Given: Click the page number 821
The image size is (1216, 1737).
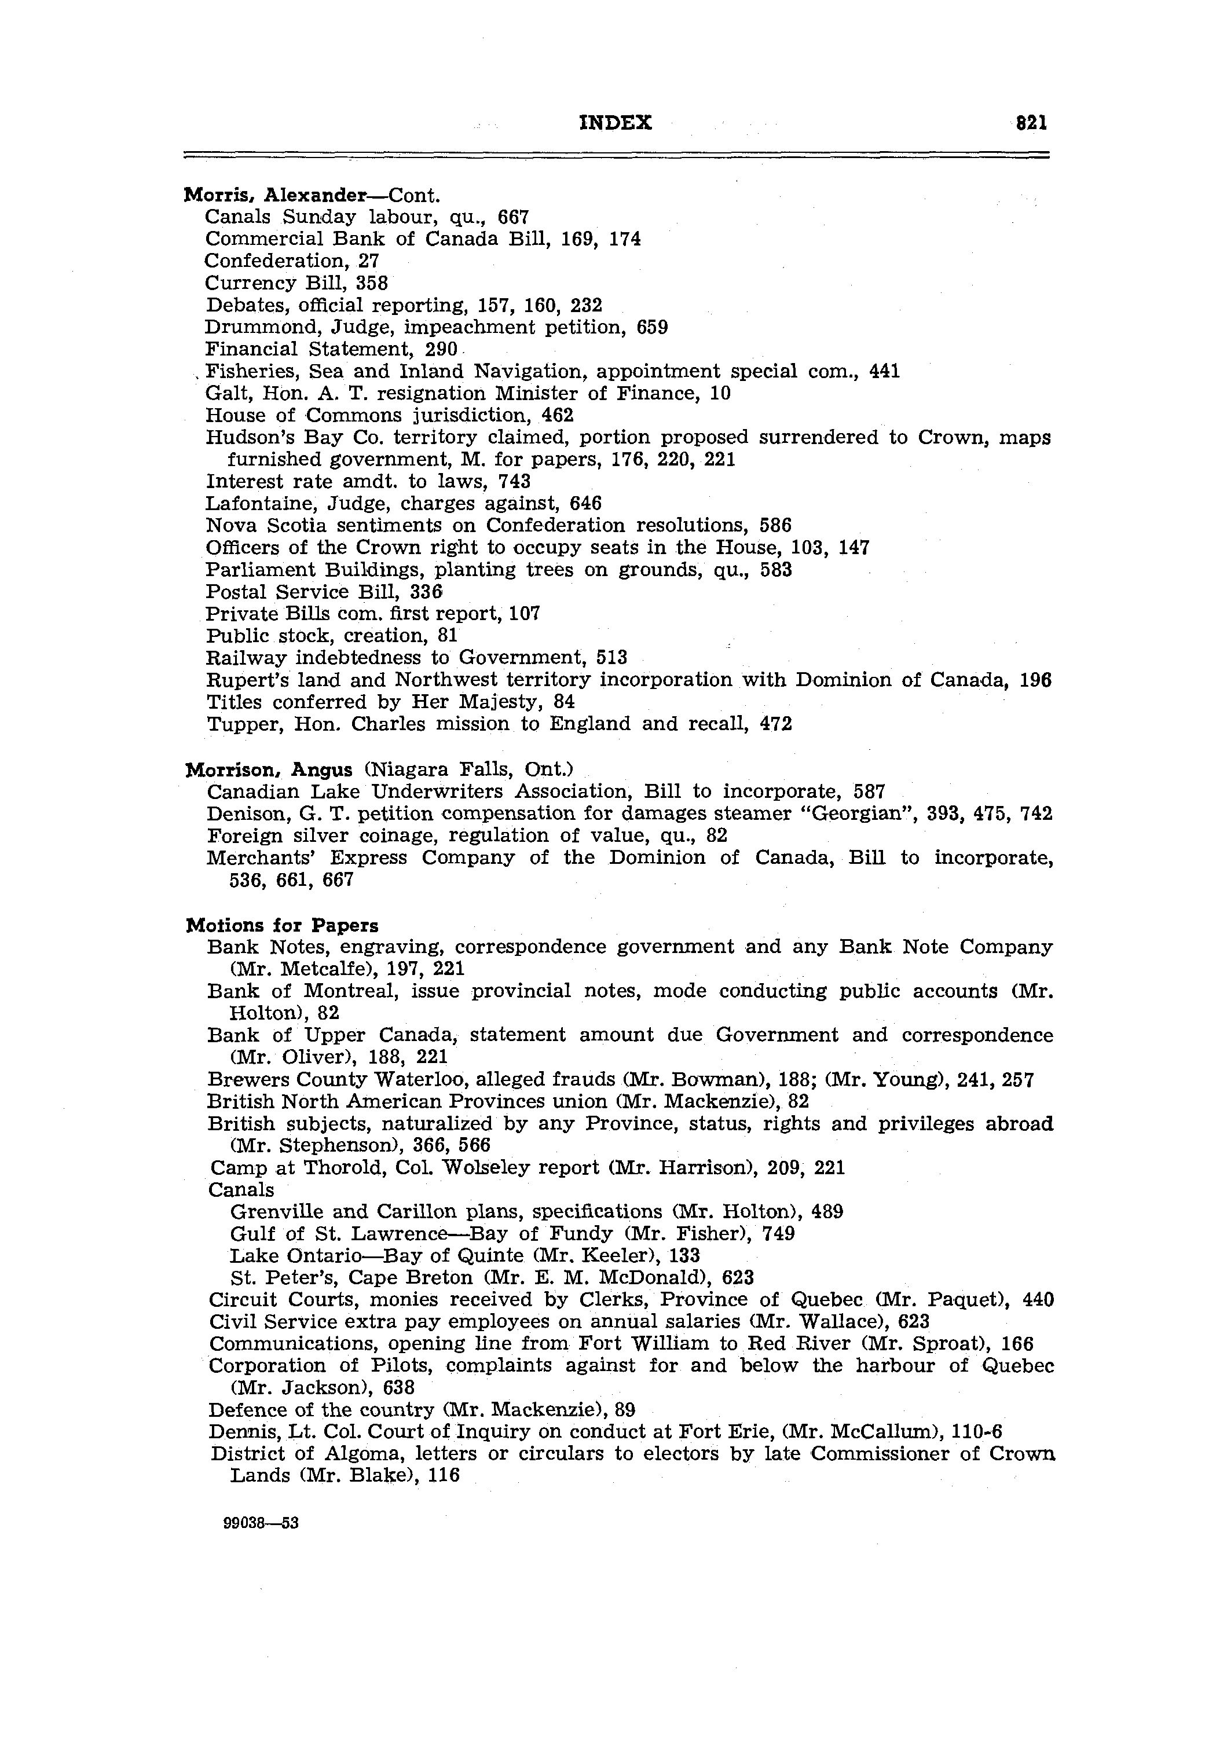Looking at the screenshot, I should tap(1031, 123).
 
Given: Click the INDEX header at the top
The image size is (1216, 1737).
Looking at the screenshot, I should tap(615, 123).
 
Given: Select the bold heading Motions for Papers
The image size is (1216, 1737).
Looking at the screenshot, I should tap(282, 925).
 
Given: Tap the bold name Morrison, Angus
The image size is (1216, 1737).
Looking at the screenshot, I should tap(269, 769).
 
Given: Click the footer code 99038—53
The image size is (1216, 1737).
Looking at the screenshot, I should tap(262, 1523).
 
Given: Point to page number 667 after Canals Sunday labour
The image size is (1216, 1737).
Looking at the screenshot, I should tap(513, 217).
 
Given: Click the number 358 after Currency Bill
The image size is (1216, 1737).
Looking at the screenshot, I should tap(372, 283).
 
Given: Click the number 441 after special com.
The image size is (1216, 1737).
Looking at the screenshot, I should tap(885, 372).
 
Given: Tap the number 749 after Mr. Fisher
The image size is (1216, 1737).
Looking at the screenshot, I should tap(779, 1234).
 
